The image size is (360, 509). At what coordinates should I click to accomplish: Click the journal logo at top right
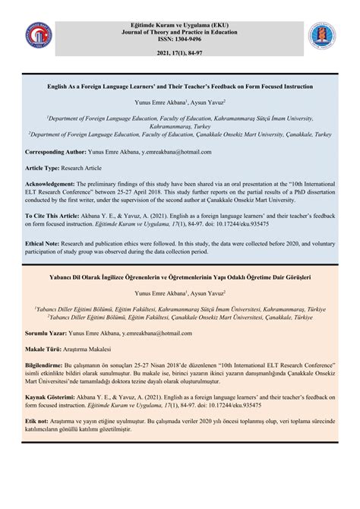[x=321, y=36]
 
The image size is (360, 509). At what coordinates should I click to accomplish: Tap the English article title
[x=179, y=87]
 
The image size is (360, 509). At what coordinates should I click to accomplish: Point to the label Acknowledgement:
[x=50, y=183]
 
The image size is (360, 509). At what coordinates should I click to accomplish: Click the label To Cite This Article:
[x=53, y=217]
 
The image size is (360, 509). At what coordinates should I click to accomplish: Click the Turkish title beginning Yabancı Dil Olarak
[x=179, y=277]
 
